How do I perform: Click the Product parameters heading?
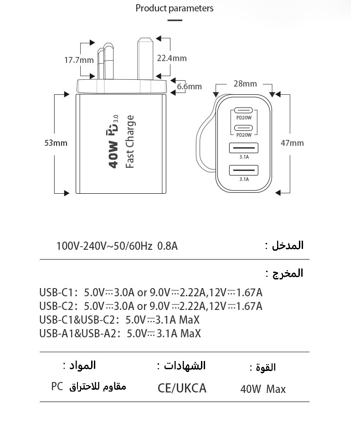pyautogui.click(x=175, y=8)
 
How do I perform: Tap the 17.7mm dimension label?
pyautogui.click(x=79, y=60)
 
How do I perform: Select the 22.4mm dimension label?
pyautogui.click(x=172, y=58)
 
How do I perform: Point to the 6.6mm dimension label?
pyautogui.click(x=189, y=86)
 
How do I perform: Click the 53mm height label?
pyautogui.click(x=56, y=143)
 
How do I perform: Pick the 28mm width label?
pyautogui.click(x=245, y=83)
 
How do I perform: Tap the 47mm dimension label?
pyautogui.click(x=292, y=143)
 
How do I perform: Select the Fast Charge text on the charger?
pyautogui.click(x=130, y=142)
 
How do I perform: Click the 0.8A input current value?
pyautogui.click(x=167, y=246)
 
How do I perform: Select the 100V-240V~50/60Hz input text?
pyautogui.click(x=104, y=246)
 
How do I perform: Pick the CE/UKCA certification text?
pyautogui.click(x=182, y=388)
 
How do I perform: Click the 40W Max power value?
pyautogui.click(x=263, y=389)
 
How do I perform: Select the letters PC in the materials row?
pyautogui.click(x=57, y=387)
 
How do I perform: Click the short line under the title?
pyautogui.click(x=175, y=20)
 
